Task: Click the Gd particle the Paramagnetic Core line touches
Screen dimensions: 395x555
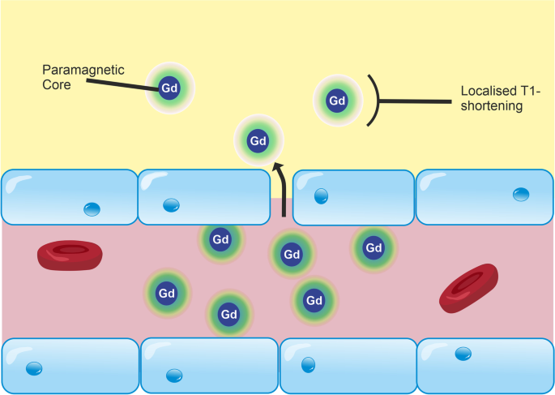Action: click(169, 87)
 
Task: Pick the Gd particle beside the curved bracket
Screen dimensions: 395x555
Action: click(336, 101)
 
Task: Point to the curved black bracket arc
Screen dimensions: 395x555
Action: click(375, 101)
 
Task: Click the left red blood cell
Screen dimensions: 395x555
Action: click(70, 255)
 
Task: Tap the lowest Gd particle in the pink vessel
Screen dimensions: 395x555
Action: click(229, 314)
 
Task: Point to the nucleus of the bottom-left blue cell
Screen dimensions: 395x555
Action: click(34, 369)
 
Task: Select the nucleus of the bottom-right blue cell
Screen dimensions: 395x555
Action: click(463, 353)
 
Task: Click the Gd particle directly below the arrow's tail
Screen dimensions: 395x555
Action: click(292, 255)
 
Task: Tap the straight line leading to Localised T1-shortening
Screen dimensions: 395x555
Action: click(413, 101)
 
